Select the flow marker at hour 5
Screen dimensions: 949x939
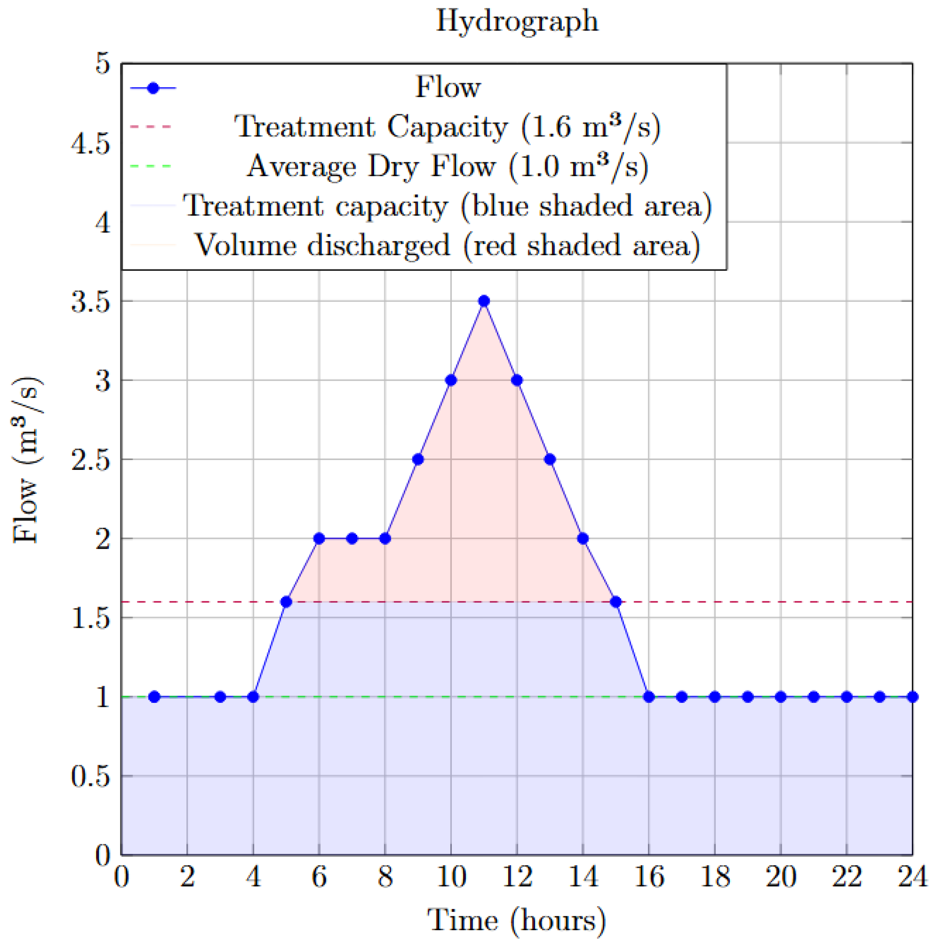point(286,602)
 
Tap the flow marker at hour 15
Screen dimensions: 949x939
point(616,602)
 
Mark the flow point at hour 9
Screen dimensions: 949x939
point(418,459)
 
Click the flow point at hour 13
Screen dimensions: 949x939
point(550,459)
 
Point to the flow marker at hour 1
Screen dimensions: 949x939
point(154,696)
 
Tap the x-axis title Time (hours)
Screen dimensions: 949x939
point(517,920)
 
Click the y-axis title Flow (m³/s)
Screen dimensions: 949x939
point(27,459)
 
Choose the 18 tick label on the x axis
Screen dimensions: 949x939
point(715,876)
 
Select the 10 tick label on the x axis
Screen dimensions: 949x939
point(451,876)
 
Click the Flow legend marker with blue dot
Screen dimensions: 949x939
point(153,88)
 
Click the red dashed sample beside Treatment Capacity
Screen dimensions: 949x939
point(151,127)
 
